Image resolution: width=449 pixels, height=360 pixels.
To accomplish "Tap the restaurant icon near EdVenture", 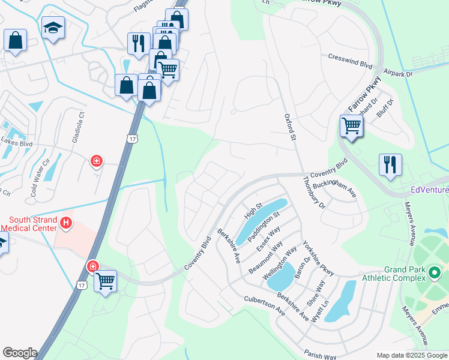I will [390, 164].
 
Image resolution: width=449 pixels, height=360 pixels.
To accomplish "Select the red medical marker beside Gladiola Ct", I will [96, 161].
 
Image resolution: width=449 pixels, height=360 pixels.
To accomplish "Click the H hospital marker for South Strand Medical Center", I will [66, 224].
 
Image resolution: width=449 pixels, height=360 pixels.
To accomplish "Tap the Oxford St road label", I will [291, 128].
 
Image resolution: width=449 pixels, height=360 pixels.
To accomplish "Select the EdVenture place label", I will [429, 190].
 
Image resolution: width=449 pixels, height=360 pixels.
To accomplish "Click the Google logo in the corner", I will [19, 353].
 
